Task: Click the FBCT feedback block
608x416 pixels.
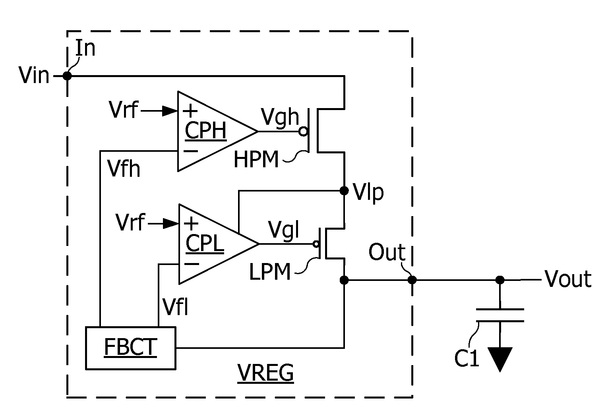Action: (130, 348)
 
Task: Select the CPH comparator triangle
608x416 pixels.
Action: (211, 131)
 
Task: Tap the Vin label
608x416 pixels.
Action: (34, 75)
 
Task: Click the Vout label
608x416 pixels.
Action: (568, 279)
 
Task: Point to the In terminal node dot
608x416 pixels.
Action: (68, 75)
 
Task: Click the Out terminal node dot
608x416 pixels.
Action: (412, 280)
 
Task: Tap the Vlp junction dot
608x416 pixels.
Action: (344, 191)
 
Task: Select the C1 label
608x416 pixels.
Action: (467, 359)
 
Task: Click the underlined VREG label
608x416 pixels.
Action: (265, 373)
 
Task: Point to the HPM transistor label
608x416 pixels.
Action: (256, 160)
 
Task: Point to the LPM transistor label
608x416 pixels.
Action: (270, 273)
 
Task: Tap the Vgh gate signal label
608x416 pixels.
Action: (280, 118)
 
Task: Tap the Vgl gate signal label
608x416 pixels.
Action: (283, 230)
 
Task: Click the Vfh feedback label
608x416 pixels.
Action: (124, 169)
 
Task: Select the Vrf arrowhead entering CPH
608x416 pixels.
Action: (170, 111)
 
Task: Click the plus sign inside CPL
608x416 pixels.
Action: (192, 224)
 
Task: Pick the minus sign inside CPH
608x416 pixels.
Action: (191, 151)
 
